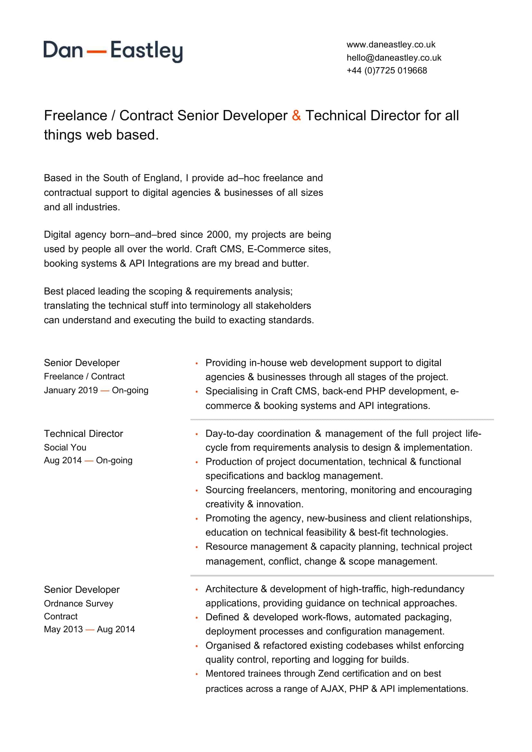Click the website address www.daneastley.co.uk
point(391,45)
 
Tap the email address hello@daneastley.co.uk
point(394,58)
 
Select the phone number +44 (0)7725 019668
point(387,70)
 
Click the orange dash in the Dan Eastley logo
point(96,52)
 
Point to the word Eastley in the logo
point(146,51)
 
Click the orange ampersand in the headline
point(296,116)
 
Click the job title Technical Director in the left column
point(84,434)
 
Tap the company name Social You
point(65,448)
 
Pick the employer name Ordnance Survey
point(78,603)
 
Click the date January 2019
point(71,390)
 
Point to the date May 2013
point(63,629)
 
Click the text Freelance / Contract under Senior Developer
point(84,376)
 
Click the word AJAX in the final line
point(332,689)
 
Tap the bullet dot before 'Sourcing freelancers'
point(197,491)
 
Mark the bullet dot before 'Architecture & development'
point(197,590)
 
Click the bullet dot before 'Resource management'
point(197,547)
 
